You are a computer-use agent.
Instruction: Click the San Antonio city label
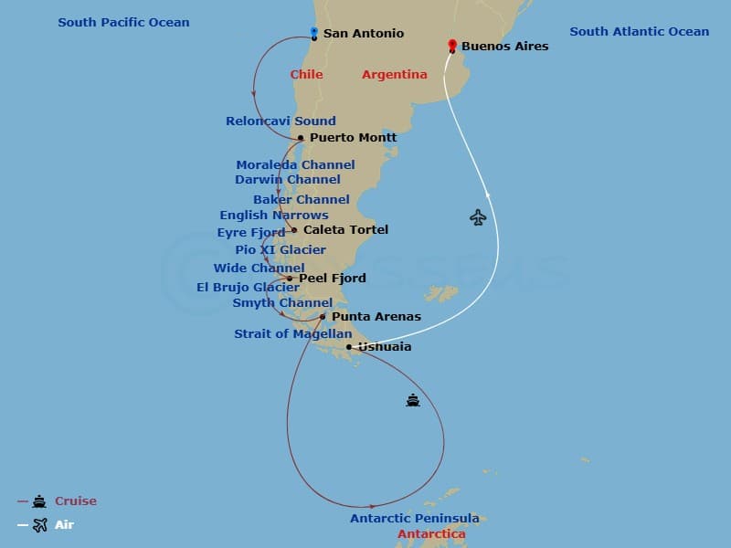tap(364, 34)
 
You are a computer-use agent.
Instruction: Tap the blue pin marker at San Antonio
tap(313, 33)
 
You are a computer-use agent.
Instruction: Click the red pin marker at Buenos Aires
tap(451, 45)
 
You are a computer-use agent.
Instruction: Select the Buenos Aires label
tap(505, 46)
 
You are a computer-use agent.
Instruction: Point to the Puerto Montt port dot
tap(301, 138)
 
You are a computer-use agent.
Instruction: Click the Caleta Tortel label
tap(345, 229)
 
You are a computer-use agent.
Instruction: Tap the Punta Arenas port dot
tap(323, 317)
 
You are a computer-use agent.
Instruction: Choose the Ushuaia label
tap(385, 347)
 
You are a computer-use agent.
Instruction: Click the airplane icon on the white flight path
tap(478, 217)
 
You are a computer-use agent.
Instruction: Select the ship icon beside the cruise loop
tap(413, 400)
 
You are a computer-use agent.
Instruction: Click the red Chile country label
tap(306, 75)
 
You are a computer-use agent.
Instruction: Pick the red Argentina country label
tap(395, 75)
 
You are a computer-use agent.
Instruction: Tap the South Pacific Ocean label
tap(123, 22)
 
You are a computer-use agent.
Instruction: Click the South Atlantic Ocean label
tap(639, 32)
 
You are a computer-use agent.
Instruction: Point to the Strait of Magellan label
tap(292, 334)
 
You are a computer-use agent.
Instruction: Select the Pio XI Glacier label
tap(280, 249)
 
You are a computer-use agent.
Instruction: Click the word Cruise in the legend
tap(76, 501)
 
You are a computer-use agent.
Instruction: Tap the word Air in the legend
tap(64, 525)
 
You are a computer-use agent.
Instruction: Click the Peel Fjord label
tap(333, 279)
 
